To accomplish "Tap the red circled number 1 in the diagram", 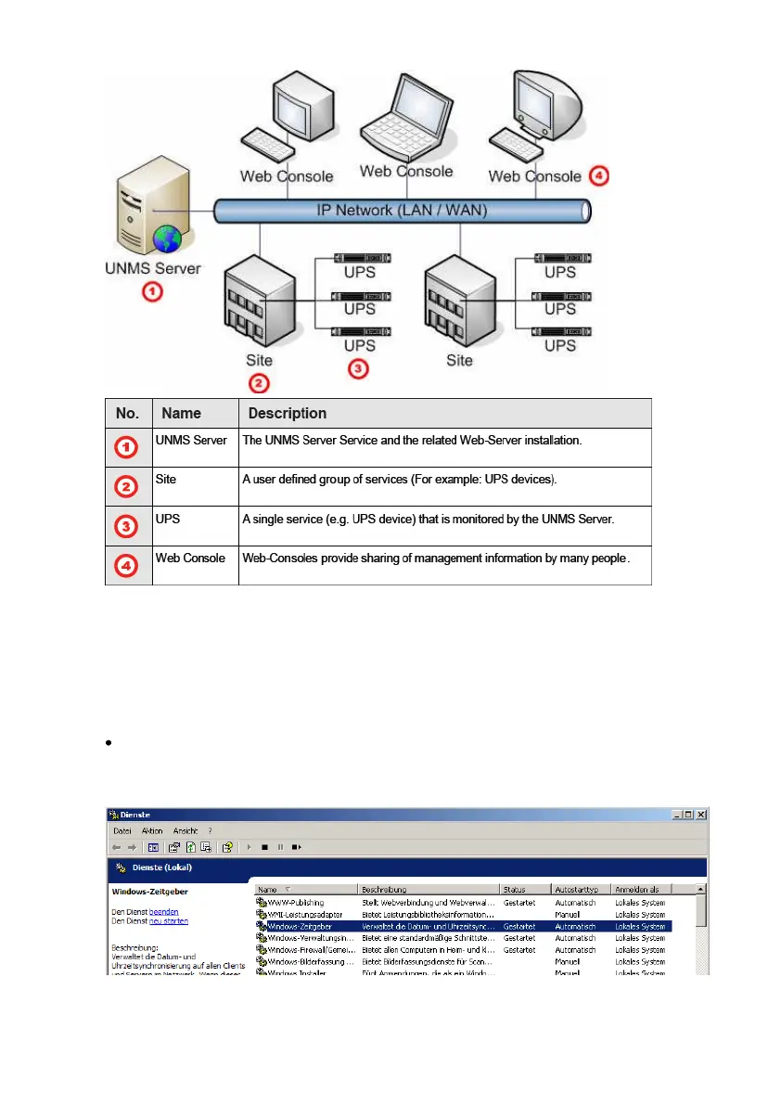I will coord(151,293).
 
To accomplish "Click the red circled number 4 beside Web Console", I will coord(599,175).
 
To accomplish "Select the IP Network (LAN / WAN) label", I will coord(402,211).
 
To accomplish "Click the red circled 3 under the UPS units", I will coord(359,368).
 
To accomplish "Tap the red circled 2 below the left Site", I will coord(261,381).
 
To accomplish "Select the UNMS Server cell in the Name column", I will coord(191,440).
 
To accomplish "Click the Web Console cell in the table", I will coord(190,558).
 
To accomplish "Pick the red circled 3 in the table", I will coord(126,526).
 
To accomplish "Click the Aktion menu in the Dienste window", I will coord(152,830).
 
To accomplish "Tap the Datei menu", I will coord(122,830).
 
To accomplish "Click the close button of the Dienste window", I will coord(701,815).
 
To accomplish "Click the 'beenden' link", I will coord(164,912).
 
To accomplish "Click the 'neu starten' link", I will coord(169,921).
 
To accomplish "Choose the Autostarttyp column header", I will coord(576,890).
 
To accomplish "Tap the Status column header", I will coord(514,890).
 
